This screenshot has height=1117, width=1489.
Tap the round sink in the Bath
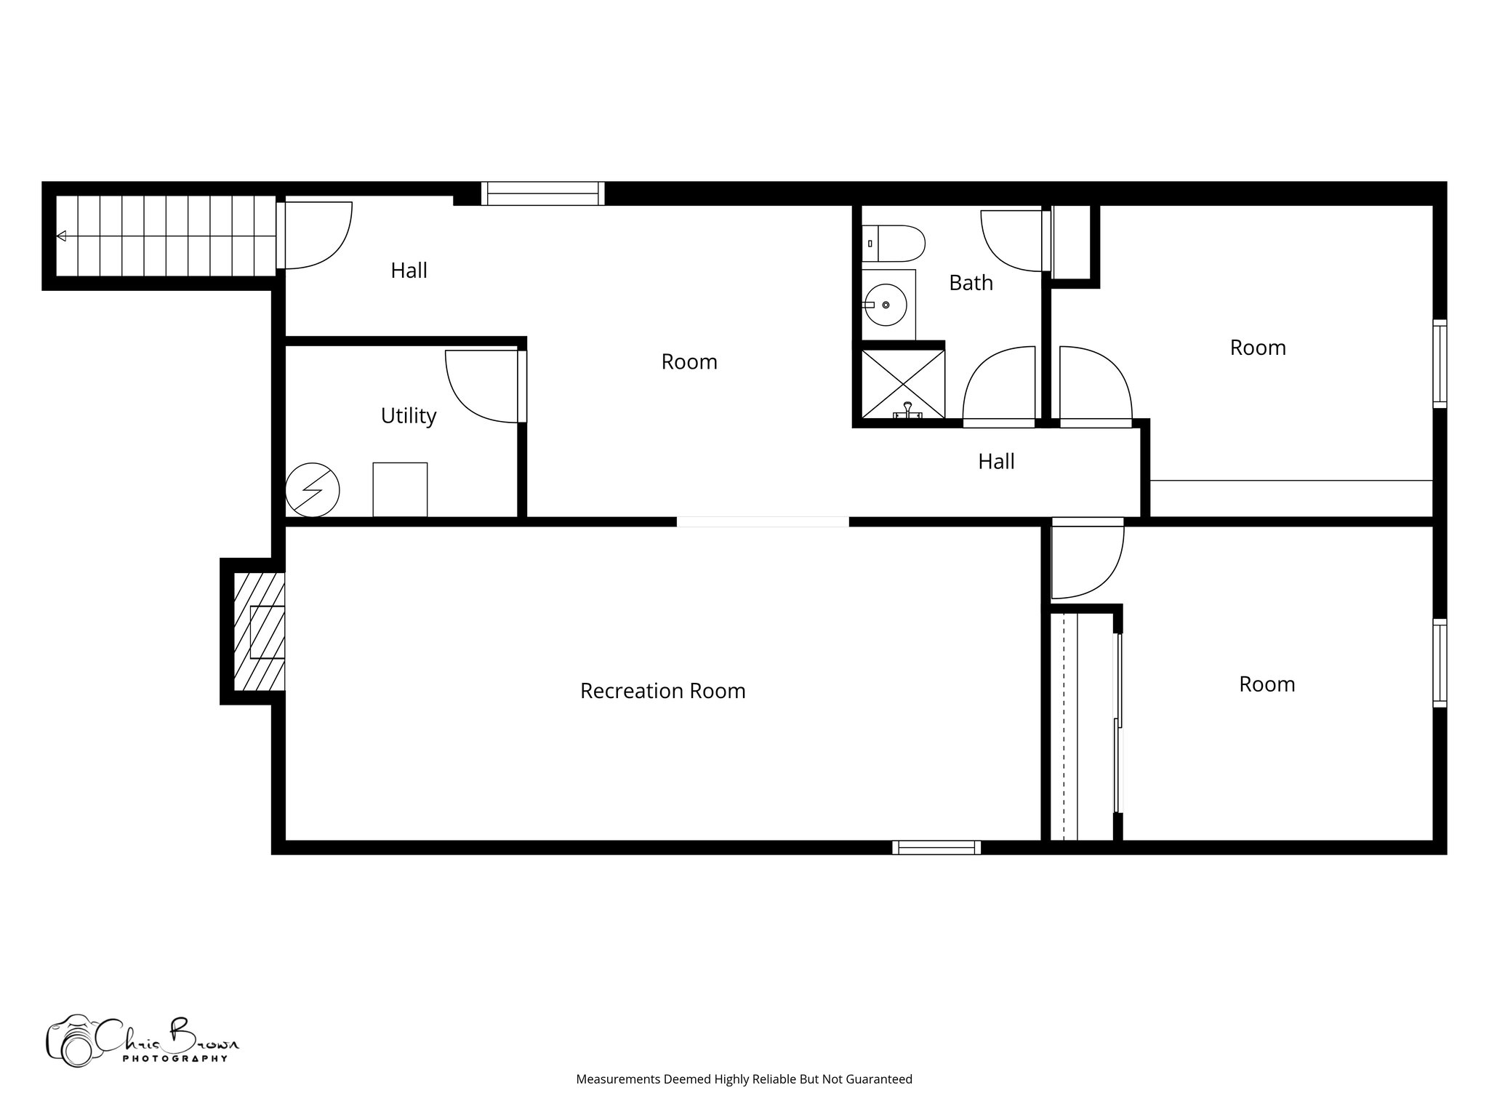886,305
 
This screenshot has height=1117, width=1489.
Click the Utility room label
409,416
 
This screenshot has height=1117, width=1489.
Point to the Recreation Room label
662,691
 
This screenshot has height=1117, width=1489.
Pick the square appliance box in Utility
400,489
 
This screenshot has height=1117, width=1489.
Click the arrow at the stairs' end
62,236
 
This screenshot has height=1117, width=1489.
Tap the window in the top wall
542,193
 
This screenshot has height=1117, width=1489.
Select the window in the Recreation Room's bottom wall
936,847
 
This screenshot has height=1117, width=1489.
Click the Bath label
971,283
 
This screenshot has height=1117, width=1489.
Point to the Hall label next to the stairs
409,271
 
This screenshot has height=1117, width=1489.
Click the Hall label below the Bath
996,462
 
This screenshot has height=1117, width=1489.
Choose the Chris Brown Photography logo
142,1040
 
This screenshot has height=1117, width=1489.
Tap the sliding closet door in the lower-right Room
1118,724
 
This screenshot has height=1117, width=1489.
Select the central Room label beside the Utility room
689,362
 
